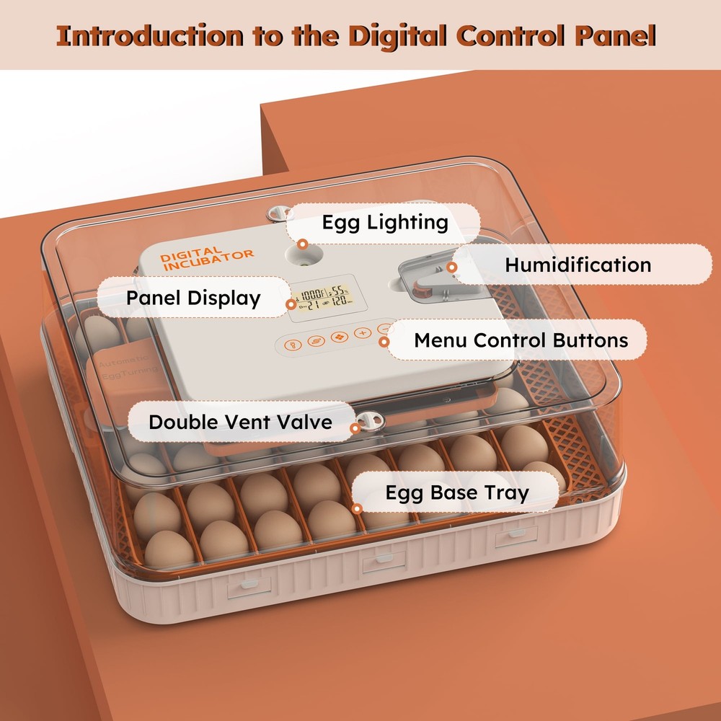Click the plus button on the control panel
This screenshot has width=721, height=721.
tap(361, 334)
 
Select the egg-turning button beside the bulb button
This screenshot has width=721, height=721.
tap(315, 340)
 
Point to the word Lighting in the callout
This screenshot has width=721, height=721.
tap(414, 222)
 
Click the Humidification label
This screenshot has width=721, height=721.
tap(578, 265)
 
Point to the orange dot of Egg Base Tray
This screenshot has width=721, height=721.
tap(356, 508)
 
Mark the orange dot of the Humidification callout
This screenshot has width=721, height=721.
tap(452, 267)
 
